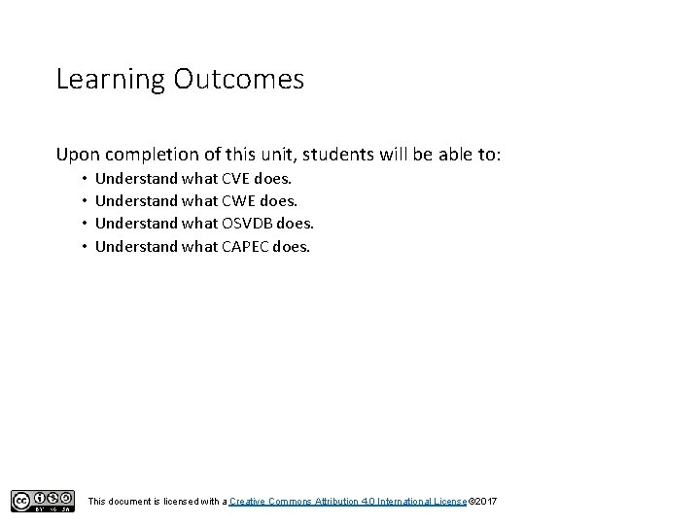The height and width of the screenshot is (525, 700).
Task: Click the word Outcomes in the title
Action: pos(238,79)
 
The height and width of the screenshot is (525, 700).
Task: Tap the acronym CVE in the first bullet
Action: pos(236,178)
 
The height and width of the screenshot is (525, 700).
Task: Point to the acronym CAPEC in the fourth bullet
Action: pos(246,246)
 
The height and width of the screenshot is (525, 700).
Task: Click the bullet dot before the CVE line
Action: pos(85,179)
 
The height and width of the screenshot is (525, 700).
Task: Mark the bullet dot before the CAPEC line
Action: pos(85,247)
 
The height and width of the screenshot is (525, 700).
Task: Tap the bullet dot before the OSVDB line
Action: pos(85,224)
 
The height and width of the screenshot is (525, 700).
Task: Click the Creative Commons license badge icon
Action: pos(43,500)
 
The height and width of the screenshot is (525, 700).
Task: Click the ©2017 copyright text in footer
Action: pos(483,500)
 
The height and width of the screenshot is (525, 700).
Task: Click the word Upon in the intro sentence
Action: pos(78,155)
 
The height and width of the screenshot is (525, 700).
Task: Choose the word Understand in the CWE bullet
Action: pos(136,200)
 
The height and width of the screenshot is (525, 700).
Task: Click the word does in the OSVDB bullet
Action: pos(295,223)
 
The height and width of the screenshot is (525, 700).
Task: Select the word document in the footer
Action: pos(131,500)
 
